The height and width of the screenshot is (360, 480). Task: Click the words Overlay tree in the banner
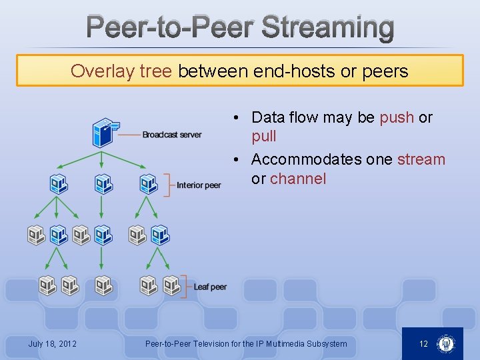click(x=121, y=71)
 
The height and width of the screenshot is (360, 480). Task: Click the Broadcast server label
click(x=171, y=135)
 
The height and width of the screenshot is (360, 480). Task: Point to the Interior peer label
click(x=199, y=185)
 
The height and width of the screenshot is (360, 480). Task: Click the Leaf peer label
click(x=210, y=287)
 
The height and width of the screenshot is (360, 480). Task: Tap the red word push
click(x=397, y=118)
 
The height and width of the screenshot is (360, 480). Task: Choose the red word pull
click(x=263, y=137)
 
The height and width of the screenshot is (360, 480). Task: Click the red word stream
click(x=421, y=160)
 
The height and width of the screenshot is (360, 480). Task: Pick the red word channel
click(x=298, y=179)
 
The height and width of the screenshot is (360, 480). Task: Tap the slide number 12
click(x=423, y=344)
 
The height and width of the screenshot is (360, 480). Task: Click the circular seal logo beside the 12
click(x=445, y=344)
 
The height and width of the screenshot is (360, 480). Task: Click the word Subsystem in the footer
click(x=326, y=344)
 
